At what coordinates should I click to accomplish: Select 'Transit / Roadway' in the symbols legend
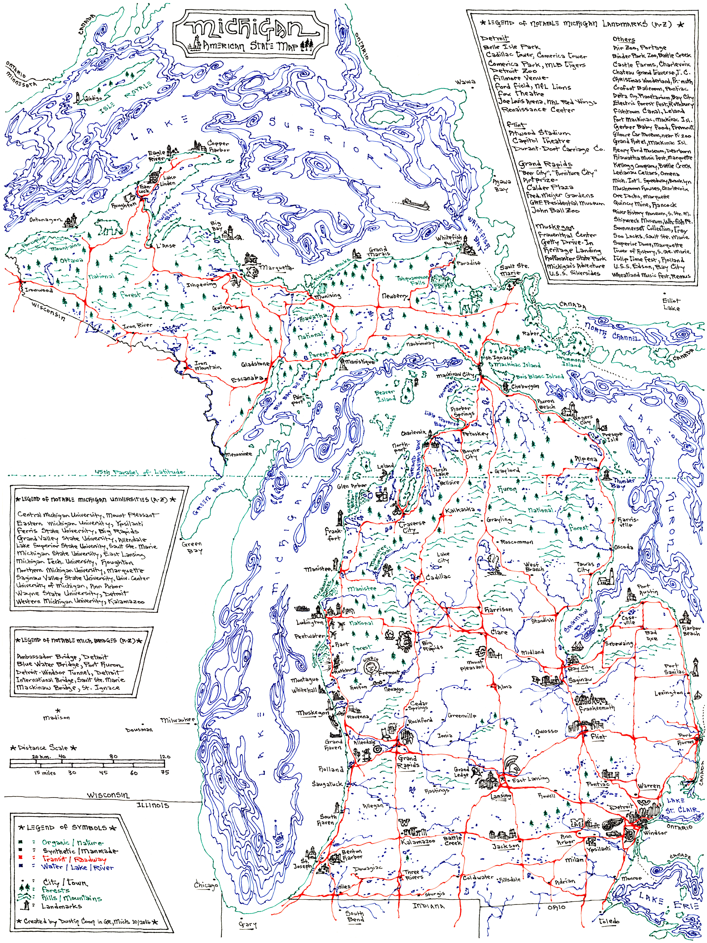pyautogui.click(x=74, y=859)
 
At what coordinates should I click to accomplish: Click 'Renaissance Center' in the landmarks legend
pyautogui.click(x=538, y=110)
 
